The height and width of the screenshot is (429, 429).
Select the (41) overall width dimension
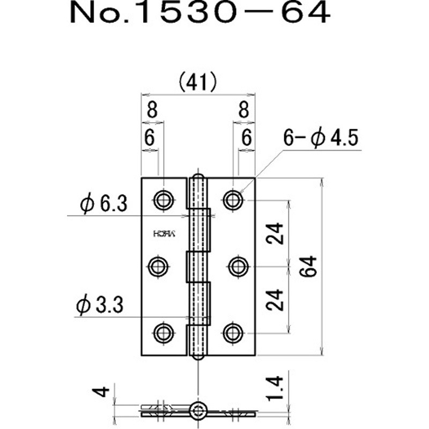coord(197,82)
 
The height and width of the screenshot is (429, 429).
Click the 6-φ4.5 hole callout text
coord(321,139)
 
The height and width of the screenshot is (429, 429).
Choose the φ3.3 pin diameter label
coord(100,306)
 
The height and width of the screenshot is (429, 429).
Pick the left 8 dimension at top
coord(151,111)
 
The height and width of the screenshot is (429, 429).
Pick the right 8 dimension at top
coord(244,111)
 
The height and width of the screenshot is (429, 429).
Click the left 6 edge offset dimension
coord(150,138)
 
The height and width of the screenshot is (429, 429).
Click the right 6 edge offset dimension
coord(246,138)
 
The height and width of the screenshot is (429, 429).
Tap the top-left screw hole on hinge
coord(163,200)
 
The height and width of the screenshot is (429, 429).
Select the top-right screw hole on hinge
coord(233,200)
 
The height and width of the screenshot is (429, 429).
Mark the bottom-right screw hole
coord(233,332)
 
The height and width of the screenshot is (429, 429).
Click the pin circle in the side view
coord(199,411)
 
